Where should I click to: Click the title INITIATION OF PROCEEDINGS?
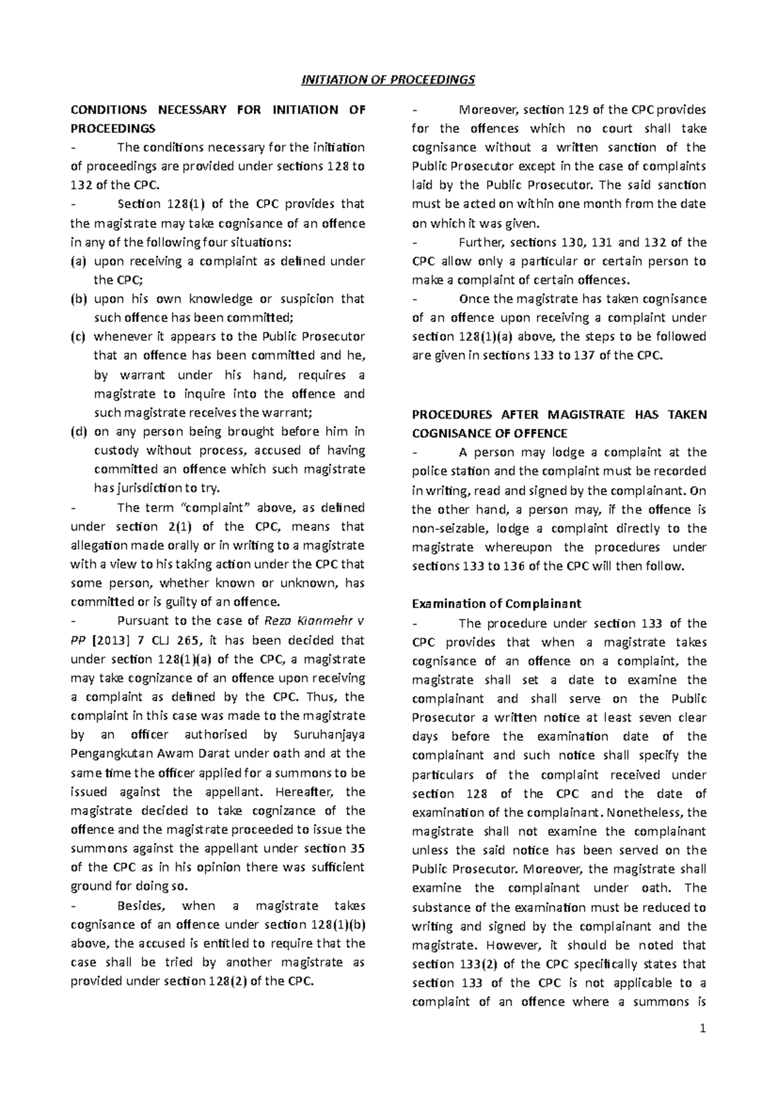tap(388, 80)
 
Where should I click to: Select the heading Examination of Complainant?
tap(496, 604)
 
